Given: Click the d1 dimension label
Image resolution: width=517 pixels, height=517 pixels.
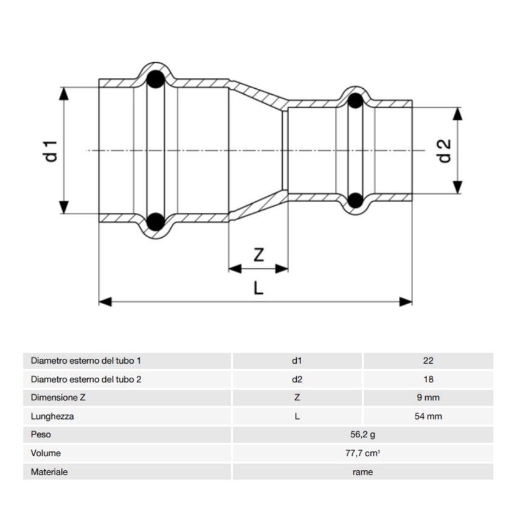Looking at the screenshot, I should coord(52,150).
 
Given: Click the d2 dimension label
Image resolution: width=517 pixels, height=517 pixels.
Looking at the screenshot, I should coord(445,151).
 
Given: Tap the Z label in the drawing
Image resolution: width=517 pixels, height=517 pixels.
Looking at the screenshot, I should coord(258,255).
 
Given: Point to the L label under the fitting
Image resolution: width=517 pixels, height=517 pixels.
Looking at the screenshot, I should coord(258,288).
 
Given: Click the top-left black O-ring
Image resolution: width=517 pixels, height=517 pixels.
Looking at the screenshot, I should coord(156,79).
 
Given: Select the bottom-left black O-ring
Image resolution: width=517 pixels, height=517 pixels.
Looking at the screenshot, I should coord(156,221).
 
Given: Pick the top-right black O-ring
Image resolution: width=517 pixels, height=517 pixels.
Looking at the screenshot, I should coord(356,101).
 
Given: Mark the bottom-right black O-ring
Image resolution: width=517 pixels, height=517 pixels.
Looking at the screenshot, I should coord(356,200).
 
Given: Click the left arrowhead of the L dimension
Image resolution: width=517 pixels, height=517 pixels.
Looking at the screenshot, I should coord(105,301).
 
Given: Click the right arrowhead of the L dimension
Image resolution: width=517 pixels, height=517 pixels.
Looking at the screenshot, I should coord(406,301).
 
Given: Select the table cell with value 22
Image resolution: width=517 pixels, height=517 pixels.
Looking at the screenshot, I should coord(428,361).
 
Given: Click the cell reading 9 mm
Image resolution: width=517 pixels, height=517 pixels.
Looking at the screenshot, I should coord(428,398).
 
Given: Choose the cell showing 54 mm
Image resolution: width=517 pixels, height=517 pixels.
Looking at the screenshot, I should coord(428,417).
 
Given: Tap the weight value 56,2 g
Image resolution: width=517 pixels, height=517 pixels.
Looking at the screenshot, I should coord(363,435).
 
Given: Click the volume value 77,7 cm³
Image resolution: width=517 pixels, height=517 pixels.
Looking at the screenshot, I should coord(363,453).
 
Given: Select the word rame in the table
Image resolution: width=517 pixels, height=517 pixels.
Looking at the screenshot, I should coord(363,472).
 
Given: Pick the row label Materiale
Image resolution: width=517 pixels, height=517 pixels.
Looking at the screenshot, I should coord(49,472).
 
